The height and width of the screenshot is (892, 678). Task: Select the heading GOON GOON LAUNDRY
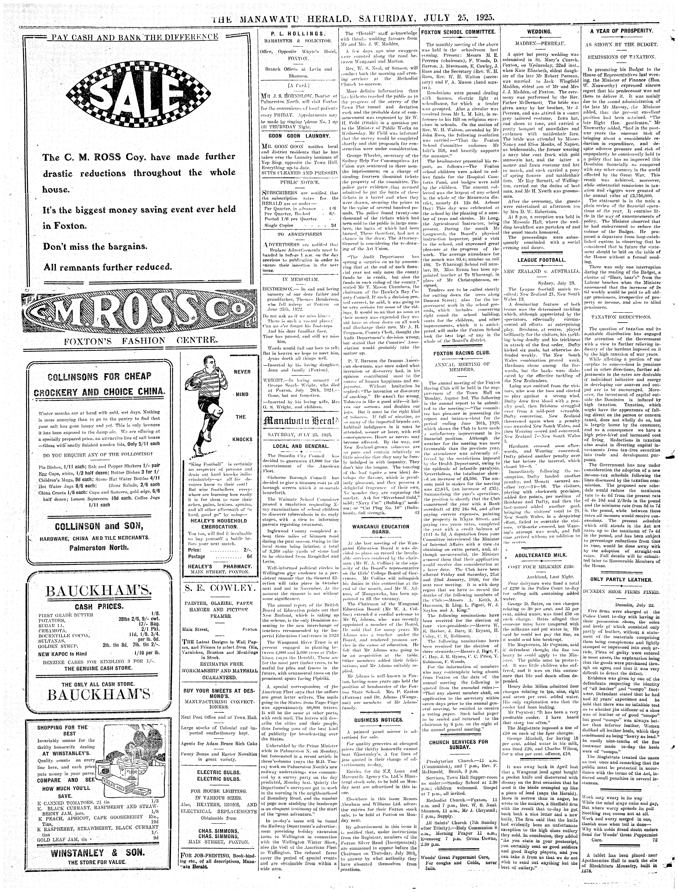click(x=299, y=136)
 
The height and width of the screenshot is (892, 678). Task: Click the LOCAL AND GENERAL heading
click(x=299, y=446)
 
